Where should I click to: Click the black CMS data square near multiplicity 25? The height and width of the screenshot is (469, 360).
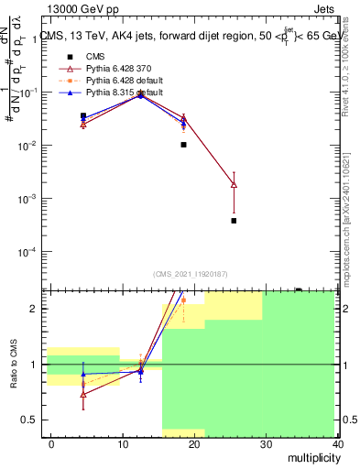click(x=234, y=221)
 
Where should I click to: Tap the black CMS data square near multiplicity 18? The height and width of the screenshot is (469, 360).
click(x=183, y=145)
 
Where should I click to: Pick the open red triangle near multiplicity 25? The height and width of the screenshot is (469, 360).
click(x=234, y=185)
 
